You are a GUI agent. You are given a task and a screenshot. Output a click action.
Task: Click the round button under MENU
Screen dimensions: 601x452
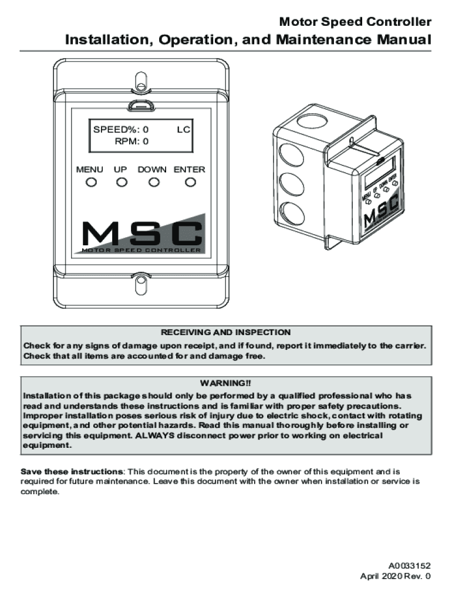(x=90, y=182)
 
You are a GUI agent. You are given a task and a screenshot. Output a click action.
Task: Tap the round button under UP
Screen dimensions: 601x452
(x=122, y=182)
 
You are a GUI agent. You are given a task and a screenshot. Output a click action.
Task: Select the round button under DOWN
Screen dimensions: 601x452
(x=154, y=182)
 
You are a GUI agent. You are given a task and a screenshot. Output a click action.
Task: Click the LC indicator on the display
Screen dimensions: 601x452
(x=184, y=129)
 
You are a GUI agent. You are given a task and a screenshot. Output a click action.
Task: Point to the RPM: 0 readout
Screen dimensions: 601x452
(x=131, y=141)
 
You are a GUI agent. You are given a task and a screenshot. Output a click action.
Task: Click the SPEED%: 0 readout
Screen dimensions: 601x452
(x=122, y=129)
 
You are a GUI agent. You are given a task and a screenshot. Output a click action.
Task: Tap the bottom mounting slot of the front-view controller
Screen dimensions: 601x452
(x=140, y=285)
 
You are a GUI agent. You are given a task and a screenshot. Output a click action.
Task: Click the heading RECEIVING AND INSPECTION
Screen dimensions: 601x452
(x=226, y=332)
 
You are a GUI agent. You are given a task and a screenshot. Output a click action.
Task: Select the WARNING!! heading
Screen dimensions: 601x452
(x=226, y=383)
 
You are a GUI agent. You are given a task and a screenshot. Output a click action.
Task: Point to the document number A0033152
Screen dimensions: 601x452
(x=409, y=566)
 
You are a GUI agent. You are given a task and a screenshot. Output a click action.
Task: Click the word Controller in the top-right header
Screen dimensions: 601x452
(x=405, y=22)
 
